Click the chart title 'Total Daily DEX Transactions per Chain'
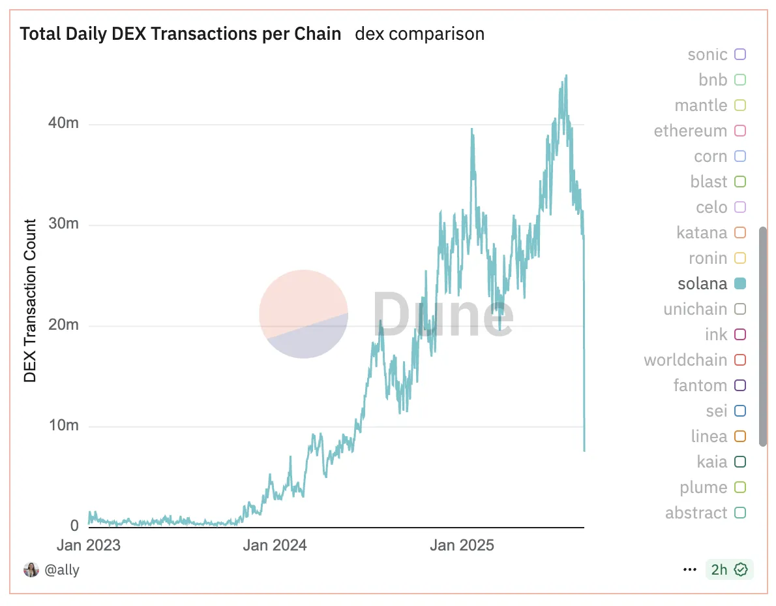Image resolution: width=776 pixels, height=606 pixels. point(181,34)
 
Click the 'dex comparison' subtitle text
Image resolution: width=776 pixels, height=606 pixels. point(419,34)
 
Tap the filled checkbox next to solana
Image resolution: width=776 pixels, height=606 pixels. point(739,283)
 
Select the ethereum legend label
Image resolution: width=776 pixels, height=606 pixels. point(690,131)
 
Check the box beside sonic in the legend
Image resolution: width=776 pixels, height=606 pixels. point(739,54)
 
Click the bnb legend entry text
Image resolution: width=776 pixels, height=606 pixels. point(712,80)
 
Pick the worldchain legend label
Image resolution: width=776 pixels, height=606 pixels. point(685,360)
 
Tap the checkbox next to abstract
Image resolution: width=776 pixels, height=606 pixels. point(739,513)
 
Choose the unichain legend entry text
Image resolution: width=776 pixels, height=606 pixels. point(694,309)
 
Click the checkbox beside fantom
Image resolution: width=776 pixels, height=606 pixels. point(739,385)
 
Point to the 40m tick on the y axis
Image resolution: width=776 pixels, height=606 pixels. point(64,123)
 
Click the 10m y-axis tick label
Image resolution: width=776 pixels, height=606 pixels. point(64,426)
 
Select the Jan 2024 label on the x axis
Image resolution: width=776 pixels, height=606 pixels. point(274,545)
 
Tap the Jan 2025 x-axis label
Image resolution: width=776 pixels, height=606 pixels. point(462,545)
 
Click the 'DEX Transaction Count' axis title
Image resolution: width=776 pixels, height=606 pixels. point(30,301)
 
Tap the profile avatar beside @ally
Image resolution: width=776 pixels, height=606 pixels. point(31,569)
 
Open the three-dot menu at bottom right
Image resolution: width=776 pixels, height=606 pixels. point(689,569)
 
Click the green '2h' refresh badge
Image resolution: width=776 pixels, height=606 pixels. point(729,569)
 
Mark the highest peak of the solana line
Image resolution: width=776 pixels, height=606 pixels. point(566,75)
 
